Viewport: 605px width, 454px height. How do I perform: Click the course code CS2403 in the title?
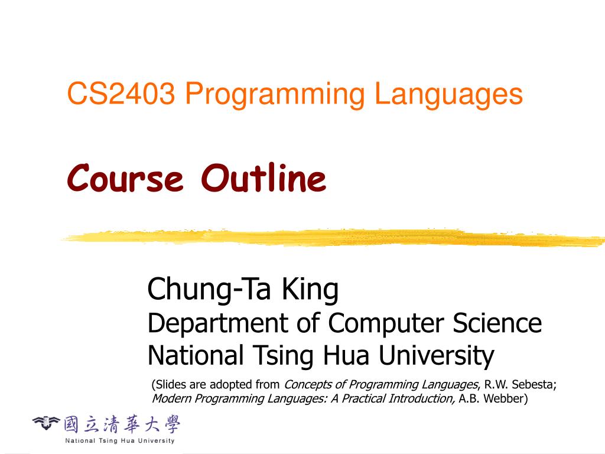(121, 95)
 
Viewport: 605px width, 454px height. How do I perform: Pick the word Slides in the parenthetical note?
(171, 384)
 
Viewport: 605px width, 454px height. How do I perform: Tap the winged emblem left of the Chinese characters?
(46, 422)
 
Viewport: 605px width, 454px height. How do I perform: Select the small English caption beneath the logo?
(120, 440)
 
